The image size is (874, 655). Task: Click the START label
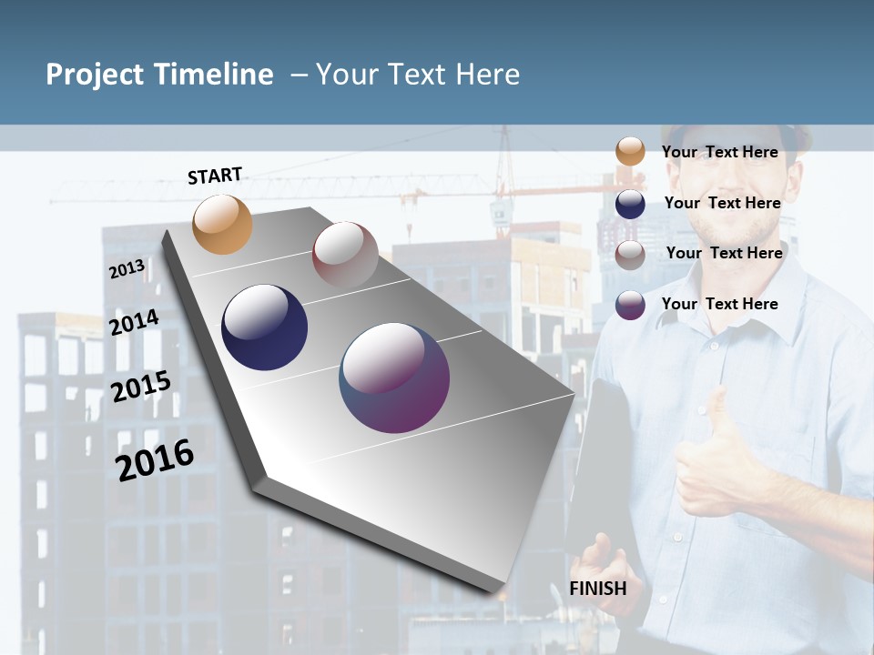click(x=215, y=176)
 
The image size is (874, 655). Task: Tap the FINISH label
click(x=598, y=589)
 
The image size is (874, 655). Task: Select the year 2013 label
click(x=127, y=269)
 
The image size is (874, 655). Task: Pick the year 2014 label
click(x=135, y=322)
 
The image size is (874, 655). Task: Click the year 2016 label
click(x=155, y=459)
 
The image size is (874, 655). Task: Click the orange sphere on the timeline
click(x=222, y=224)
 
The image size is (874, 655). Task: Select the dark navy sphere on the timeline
click(x=264, y=327)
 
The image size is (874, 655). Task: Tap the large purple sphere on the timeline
click(x=394, y=378)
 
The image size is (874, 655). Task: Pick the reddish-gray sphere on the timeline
click(x=345, y=254)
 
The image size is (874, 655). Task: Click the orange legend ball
click(x=630, y=151)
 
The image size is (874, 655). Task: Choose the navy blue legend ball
click(x=630, y=204)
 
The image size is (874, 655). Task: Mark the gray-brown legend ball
click(x=630, y=255)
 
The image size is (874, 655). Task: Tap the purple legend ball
click(x=630, y=305)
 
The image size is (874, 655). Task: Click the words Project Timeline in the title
click(x=159, y=75)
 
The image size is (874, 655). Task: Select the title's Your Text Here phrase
click(x=418, y=75)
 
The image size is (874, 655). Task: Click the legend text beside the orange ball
click(x=720, y=152)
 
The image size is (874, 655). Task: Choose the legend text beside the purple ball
click(x=720, y=304)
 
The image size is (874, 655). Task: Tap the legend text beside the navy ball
click(x=722, y=203)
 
